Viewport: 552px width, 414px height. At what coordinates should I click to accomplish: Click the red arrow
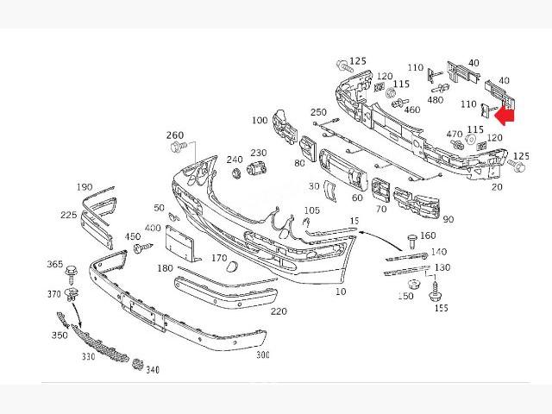coord(506,114)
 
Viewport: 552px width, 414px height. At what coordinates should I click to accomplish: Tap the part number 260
coord(175,135)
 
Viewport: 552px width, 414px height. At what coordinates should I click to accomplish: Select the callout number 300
coord(261,354)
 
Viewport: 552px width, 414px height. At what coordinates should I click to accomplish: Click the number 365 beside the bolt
coord(54,265)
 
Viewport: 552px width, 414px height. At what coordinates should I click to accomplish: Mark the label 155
coord(441,308)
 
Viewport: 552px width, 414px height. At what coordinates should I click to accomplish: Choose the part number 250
coord(318,113)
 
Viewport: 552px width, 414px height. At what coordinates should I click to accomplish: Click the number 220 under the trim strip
coord(278,311)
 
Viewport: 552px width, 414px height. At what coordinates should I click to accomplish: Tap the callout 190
coord(84,187)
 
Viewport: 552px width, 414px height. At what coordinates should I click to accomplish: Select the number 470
coord(454,134)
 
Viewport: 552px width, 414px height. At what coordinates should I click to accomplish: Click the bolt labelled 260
coord(180,148)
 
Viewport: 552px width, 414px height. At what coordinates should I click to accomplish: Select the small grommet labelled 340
coord(137,361)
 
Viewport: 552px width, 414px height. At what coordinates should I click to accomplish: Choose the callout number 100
coord(260,121)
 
